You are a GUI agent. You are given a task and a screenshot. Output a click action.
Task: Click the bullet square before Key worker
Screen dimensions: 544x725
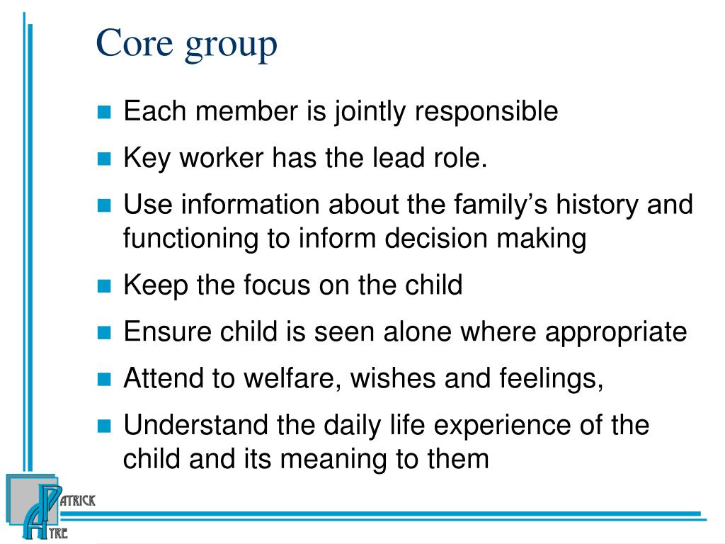104,159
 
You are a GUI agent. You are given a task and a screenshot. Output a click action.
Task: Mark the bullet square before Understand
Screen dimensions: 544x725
104,426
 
